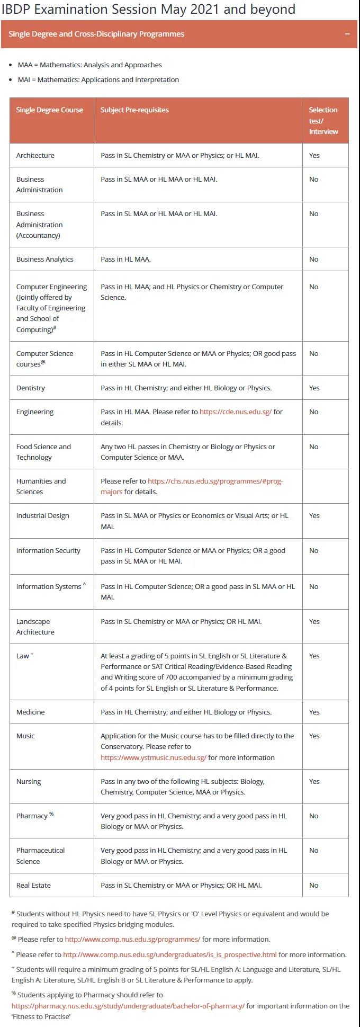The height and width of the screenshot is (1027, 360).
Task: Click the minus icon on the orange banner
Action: click(x=347, y=34)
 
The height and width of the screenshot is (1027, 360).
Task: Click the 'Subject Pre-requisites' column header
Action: click(x=134, y=110)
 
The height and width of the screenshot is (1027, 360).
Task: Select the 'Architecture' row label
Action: click(x=35, y=156)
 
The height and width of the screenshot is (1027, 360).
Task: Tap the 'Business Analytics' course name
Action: click(x=44, y=260)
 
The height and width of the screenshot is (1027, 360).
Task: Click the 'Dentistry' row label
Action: click(x=30, y=388)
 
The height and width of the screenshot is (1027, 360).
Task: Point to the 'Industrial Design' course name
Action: click(x=42, y=516)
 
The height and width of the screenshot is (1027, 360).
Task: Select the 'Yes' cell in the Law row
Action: click(x=314, y=656)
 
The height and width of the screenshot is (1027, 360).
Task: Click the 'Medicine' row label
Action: click(x=30, y=712)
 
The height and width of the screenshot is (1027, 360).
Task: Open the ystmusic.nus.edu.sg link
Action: click(x=153, y=758)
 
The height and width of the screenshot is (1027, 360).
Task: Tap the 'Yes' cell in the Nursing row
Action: click(x=314, y=782)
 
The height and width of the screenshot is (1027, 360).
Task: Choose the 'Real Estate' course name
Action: click(x=33, y=886)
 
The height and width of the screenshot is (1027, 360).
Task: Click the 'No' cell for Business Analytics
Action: click(x=313, y=260)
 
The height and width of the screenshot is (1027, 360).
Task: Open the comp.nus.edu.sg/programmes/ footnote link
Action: click(x=132, y=940)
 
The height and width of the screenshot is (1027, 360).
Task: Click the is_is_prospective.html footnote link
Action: click(x=169, y=955)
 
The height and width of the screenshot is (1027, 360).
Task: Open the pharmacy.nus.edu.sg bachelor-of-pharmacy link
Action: click(x=128, y=1006)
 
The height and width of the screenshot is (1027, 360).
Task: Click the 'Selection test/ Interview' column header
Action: click(x=323, y=121)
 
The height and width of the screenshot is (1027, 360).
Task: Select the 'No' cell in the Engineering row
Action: click(x=313, y=412)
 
